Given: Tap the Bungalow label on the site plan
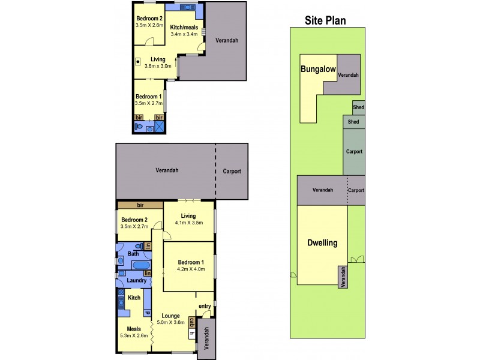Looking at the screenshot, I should (x=317, y=69).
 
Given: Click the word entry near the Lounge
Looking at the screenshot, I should (x=205, y=306).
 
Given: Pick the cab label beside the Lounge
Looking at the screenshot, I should (x=193, y=322).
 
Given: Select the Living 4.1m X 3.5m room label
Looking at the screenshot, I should (x=190, y=223).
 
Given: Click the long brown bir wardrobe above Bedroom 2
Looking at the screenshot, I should (x=140, y=205).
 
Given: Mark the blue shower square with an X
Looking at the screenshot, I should (x=159, y=128).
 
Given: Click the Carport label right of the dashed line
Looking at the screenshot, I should (x=231, y=171).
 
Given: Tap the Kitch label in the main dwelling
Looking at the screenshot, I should (x=134, y=298).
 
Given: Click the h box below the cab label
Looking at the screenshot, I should (x=193, y=334).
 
